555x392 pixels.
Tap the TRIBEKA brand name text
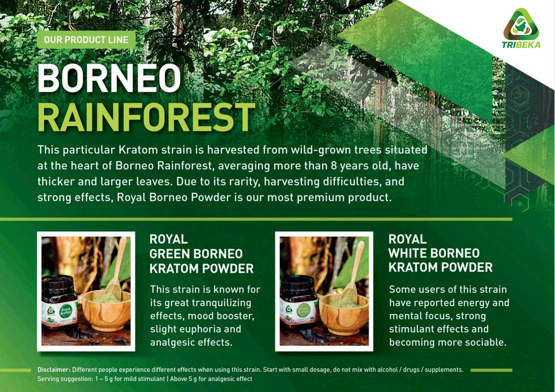coord(521,45)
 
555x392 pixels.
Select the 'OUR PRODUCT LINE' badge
coord(86,39)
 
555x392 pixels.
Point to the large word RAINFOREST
coord(146,117)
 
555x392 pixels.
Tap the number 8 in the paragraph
coord(333,166)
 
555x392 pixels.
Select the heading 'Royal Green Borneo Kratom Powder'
coord(202,254)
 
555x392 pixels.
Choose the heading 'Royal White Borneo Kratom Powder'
coord(440,253)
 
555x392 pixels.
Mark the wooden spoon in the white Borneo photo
coord(353,273)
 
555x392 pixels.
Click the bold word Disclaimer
coord(54,370)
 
